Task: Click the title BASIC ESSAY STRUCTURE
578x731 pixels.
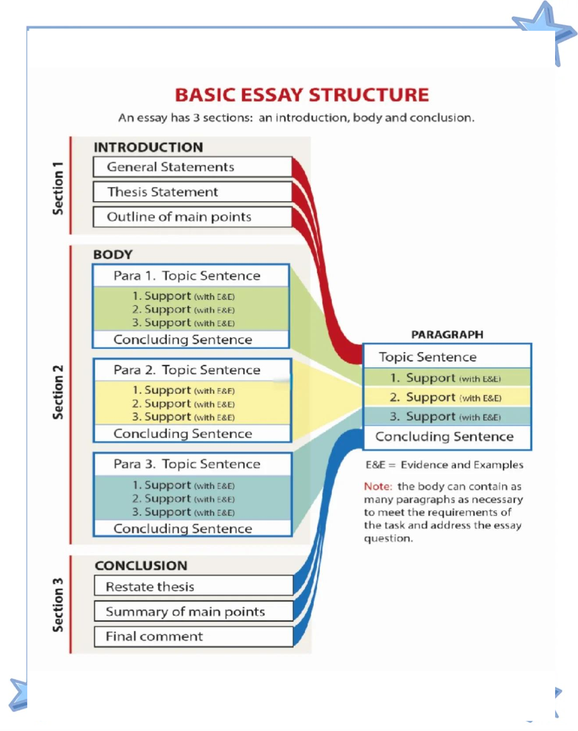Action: click(302, 95)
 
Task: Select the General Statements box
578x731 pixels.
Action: click(193, 167)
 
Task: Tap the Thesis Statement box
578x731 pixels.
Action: click(193, 192)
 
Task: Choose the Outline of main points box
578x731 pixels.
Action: click(193, 217)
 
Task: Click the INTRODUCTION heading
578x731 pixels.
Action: click(148, 147)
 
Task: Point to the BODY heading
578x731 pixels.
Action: click(113, 255)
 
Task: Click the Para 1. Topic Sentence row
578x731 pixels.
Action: click(191, 276)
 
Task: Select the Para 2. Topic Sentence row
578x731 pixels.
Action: click(192, 370)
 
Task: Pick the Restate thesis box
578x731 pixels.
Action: click(194, 586)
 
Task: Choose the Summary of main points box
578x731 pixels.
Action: click(194, 611)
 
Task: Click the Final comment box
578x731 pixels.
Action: click(194, 636)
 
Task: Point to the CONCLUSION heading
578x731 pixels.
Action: click(141, 566)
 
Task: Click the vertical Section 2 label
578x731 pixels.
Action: click(58, 392)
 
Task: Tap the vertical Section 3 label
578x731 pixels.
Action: click(58, 605)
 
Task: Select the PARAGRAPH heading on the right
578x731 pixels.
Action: click(447, 335)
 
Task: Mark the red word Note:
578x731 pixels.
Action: click(378, 486)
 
